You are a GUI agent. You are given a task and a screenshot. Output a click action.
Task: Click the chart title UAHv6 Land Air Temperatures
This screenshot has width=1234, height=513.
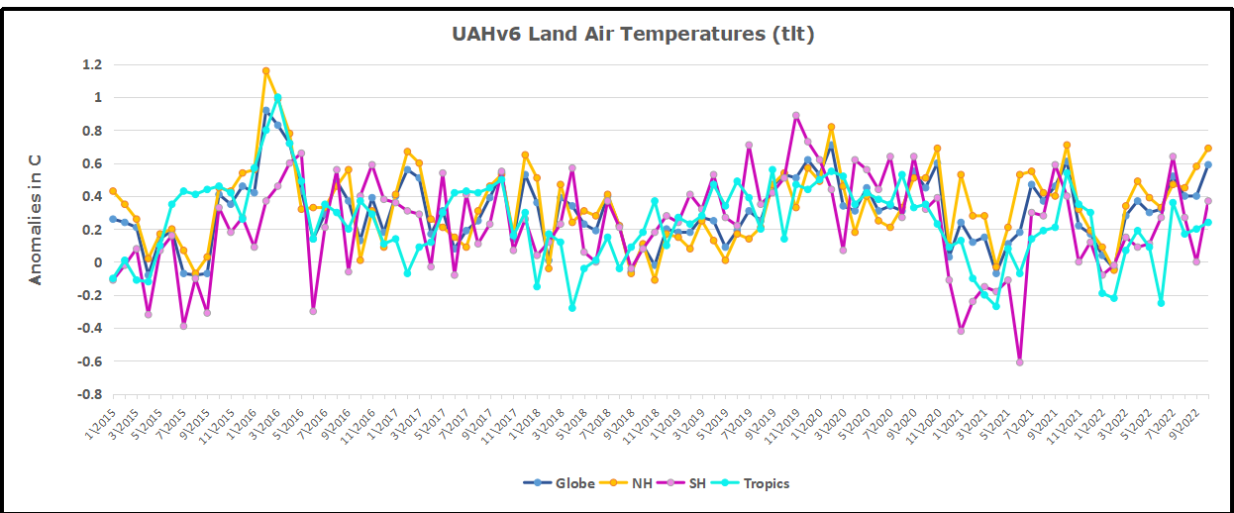pos(633,34)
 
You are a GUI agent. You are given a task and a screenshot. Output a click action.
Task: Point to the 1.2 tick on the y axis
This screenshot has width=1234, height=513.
pos(91,64)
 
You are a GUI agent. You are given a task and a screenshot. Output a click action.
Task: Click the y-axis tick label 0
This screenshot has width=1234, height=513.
pos(98,262)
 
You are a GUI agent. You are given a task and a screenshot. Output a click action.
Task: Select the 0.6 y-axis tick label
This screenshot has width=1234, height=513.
pos(91,163)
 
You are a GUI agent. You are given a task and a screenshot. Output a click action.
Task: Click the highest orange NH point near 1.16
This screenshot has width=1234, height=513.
pos(265,71)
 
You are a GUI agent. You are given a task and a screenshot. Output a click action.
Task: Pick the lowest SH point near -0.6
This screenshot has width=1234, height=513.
pos(1019,362)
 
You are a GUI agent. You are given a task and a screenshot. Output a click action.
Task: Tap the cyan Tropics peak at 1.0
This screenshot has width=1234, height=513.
pos(277,97)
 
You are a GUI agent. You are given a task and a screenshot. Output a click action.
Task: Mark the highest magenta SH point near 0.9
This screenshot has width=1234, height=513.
pos(795,116)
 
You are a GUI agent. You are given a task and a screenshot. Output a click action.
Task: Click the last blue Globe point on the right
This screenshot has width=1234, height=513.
pos(1207,164)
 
